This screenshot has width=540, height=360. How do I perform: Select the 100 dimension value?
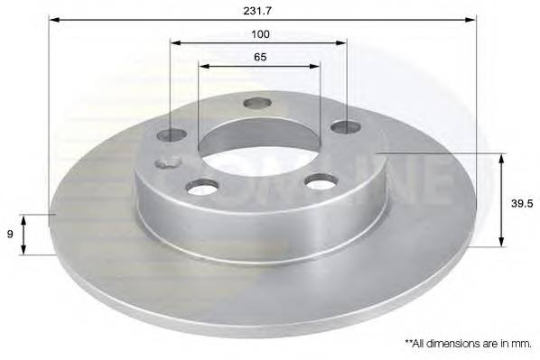pyautogui.click(x=259, y=33)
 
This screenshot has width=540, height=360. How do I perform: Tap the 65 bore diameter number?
pyautogui.click(x=259, y=56)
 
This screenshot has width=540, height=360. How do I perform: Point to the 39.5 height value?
pyautogui.click(x=518, y=204)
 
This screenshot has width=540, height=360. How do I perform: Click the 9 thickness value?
pyautogui.click(x=10, y=234)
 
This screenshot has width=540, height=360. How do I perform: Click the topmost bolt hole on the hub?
pyautogui.click(x=257, y=103)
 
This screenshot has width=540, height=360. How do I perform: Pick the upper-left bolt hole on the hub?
pyautogui.click(x=172, y=134)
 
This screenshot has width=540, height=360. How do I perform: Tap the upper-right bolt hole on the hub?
pyautogui.click(x=345, y=126)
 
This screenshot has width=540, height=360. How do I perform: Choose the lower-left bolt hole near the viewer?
pyautogui.click(x=203, y=186)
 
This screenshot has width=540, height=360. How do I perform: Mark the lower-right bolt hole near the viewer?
pyautogui.click(x=321, y=182)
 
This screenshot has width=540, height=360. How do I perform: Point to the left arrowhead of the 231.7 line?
pyautogui.click(x=52, y=19)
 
